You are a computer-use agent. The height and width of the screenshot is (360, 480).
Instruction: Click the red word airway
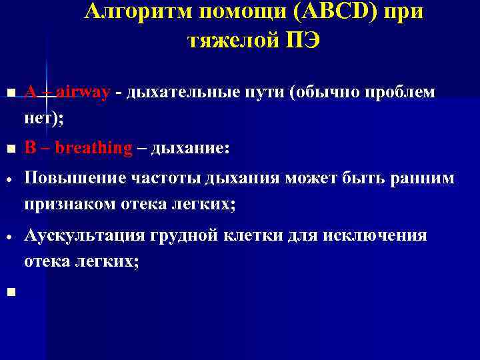(83, 93)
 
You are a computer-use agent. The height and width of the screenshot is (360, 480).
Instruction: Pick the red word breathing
(94, 148)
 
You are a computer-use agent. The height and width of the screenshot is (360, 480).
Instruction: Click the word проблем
(399, 93)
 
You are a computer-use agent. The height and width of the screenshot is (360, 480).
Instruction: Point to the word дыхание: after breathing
(191, 148)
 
